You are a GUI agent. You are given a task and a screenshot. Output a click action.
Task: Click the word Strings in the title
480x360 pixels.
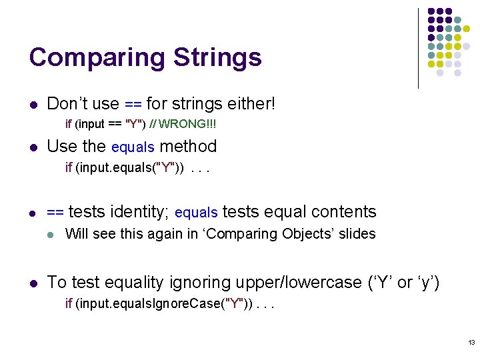(x=217, y=58)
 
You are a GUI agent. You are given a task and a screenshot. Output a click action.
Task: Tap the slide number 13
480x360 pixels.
(x=471, y=343)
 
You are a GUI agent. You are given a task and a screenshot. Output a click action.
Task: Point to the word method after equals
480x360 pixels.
(x=189, y=147)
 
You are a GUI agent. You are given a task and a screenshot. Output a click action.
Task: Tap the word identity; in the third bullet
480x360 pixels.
(x=137, y=212)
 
